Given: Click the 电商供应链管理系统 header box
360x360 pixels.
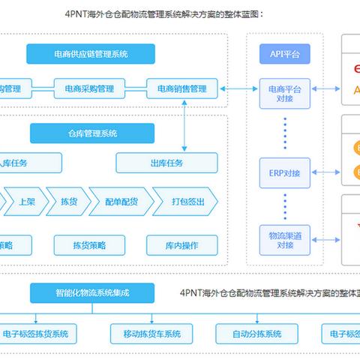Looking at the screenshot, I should (x=90, y=54).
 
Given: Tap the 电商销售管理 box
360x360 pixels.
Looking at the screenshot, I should (x=182, y=89).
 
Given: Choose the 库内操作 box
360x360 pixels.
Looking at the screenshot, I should (x=182, y=244).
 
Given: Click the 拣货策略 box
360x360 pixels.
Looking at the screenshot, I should (x=90, y=244).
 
